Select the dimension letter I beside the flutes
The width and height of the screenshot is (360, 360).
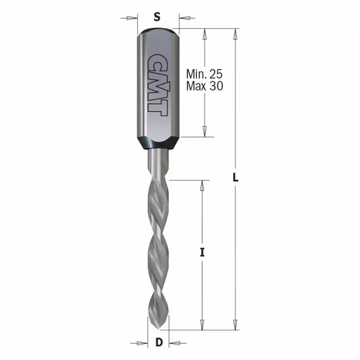[x=202, y=253]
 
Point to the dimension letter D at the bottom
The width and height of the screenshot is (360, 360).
[x=158, y=342]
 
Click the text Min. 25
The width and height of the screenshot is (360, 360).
[x=205, y=74]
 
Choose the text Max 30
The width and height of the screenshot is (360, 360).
[x=205, y=86]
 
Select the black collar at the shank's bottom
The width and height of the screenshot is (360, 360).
[x=157, y=143]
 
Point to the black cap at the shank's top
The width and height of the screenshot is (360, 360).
[x=157, y=32]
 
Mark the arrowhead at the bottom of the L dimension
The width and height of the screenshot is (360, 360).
[x=236, y=325]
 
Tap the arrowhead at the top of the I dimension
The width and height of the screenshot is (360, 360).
[x=202, y=185]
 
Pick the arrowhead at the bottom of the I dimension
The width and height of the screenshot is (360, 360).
[x=202, y=325]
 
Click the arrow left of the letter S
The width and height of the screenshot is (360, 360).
[x=130, y=18]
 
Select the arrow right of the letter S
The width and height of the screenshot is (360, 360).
[x=184, y=18]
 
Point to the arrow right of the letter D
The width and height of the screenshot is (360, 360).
[x=174, y=342]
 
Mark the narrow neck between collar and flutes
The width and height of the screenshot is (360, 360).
[x=158, y=162]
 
